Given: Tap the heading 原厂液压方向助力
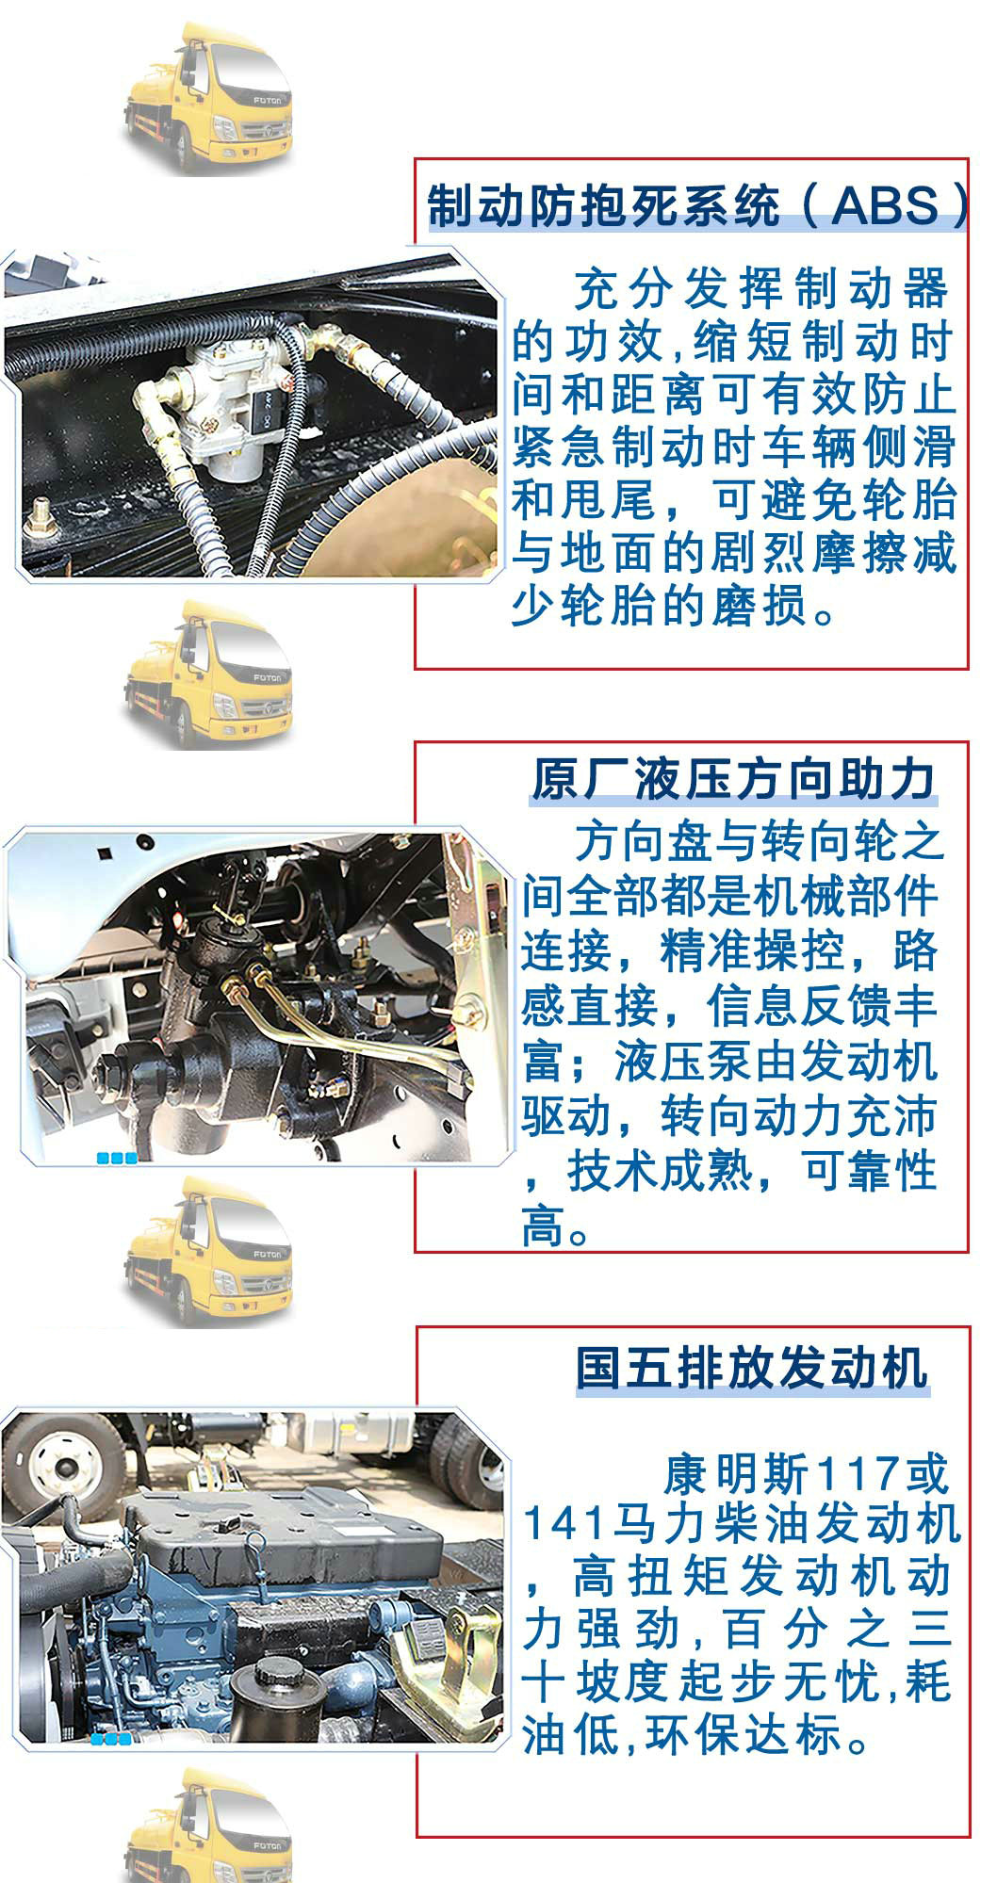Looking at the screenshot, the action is [x=734, y=780].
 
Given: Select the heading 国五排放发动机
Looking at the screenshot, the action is [x=752, y=1368].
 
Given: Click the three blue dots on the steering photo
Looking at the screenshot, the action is [x=117, y=1158].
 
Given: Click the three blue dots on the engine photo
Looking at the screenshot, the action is [x=110, y=1739].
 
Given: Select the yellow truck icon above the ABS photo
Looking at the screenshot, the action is [x=206, y=99].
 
